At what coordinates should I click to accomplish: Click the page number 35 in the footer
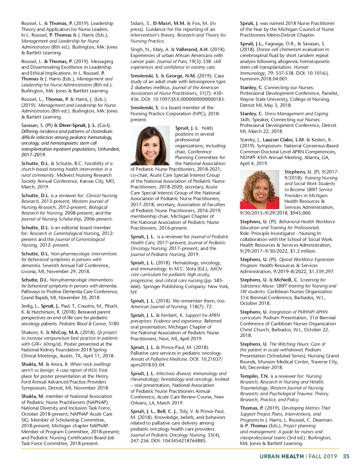[x=346, y=456]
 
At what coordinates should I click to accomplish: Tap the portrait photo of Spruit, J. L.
[x=150, y=145]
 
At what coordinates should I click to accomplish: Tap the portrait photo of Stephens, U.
[x=260, y=189]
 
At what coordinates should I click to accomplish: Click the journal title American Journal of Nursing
[x=158, y=306]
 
